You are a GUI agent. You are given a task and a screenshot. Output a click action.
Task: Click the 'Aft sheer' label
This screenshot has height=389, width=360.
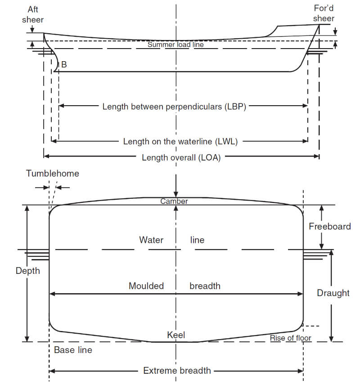[33, 14]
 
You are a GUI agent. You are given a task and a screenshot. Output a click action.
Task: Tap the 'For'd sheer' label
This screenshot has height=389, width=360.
[324, 13]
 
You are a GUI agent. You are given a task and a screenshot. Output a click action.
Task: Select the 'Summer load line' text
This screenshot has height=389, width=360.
[175, 45]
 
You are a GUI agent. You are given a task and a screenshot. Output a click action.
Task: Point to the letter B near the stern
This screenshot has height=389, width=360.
[64, 64]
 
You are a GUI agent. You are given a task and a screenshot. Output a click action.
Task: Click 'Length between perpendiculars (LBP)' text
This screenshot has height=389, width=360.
[174, 107]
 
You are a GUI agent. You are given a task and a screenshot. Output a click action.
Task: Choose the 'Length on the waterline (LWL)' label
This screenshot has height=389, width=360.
[180, 142]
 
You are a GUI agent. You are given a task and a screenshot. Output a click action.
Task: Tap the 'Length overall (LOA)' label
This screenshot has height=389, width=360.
[181, 157]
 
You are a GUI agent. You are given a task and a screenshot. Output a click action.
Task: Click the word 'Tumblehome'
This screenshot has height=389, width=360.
[53, 174]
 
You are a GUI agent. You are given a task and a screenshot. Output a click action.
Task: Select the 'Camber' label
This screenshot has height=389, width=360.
[174, 201]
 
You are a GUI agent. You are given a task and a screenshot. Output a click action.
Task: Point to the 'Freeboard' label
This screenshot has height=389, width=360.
[330, 226]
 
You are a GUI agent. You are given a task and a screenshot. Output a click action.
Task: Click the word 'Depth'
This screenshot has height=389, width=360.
[28, 271]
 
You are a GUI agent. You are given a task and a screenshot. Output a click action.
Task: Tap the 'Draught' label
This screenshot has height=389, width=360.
[333, 293]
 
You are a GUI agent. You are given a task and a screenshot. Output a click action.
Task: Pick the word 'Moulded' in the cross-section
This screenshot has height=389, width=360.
[146, 286]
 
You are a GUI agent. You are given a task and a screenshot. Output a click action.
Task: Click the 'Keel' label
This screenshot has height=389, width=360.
[176, 335]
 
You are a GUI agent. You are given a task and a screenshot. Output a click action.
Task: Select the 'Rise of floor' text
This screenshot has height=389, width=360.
[291, 338]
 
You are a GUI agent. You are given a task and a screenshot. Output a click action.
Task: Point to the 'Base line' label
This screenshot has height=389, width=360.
[73, 350]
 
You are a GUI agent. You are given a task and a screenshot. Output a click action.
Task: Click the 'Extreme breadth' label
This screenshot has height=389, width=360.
[177, 371]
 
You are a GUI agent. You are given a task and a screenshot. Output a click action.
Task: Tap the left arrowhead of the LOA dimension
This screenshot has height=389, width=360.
[46, 156]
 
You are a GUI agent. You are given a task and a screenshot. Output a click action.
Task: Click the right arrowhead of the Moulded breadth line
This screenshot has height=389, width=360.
[300, 294]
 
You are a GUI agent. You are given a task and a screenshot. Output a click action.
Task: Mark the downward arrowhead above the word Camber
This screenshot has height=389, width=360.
[176, 194]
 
